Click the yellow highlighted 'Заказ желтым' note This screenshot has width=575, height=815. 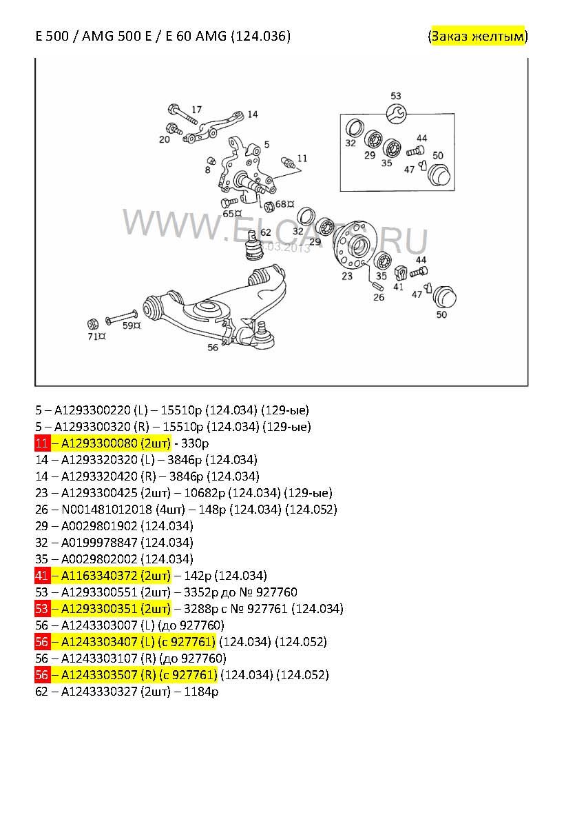pyautogui.click(x=478, y=36)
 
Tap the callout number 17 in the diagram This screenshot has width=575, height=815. pyautogui.click(x=197, y=110)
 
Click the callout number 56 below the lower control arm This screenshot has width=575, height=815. pyautogui.click(x=213, y=348)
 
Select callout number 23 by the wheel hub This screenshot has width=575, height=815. pyautogui.click(x=347, y=276)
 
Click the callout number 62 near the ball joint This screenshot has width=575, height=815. pyautogui.click(x=266, y=232)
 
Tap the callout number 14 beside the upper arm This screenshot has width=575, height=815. pyautogui.click(x=252, y=114)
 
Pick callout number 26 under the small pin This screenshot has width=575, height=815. pyautogui.click(x=379, y=296)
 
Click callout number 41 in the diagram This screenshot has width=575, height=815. pyautogui.click(x=398, y=286)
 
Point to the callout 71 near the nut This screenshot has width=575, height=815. pyautogui.click(x=94, y=336)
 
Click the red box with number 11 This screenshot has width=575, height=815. pyautogui.click(x=42, y=443)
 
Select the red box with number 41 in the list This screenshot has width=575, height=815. pyautogui.click(x=42, y=575)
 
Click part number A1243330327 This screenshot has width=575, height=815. pyautogui.click(x=99, y=692)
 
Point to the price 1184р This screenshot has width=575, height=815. pyautogui.click(x=201, y=692)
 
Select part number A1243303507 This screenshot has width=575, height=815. pyautogui.click(x=99, y=675)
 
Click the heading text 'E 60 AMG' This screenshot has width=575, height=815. pyautogui.click(x=196, y=36)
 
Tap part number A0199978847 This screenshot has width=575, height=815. pyautogui.click(x=99, y=543)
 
